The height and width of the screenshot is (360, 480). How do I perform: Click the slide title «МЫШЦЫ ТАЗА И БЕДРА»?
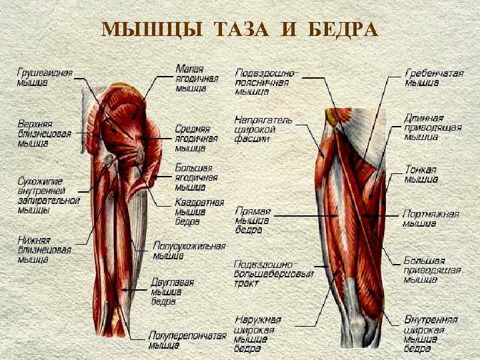click(240, 29)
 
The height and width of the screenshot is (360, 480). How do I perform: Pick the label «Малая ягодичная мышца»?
click(194, 78)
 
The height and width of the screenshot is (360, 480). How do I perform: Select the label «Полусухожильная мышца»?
click(189, 251)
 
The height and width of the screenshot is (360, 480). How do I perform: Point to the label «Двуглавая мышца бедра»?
click(172, 291)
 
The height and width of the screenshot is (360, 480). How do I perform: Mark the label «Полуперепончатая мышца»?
click(187, 340)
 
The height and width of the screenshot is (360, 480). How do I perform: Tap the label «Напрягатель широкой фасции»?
click(263, 130)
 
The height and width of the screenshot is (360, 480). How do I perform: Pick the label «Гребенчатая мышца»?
click(434, 78)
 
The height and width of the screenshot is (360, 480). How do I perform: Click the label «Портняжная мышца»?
click(431, 218)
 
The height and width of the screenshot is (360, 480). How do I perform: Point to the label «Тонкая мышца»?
click(421, 174)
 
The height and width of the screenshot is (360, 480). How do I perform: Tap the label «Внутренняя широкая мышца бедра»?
click(430, 334)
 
